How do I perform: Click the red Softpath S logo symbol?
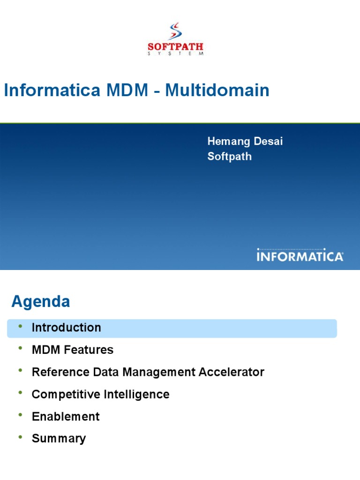(x=175, y=31)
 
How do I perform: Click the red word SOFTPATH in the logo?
(x=175, y=47)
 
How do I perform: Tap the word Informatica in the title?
(x=52, y=90)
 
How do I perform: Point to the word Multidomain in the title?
(x=217, y=90)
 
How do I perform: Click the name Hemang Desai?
(x=245, y=142)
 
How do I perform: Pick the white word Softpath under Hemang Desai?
(x=230, y=157)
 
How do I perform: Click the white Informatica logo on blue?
(x=300, y=255)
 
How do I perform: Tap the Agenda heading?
(x=41, y=301)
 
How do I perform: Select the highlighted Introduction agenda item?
(x=66, y=328)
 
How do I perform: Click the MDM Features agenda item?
(x=72, y=350)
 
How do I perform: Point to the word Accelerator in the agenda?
(x=232, y=372)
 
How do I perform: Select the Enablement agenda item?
(x=66, y=416)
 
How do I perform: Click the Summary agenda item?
(x=59, y=439)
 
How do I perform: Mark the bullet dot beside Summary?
(x=20, y=437)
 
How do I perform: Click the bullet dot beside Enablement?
(x=20, y=415)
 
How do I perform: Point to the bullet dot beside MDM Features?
(x=20, y=348)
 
